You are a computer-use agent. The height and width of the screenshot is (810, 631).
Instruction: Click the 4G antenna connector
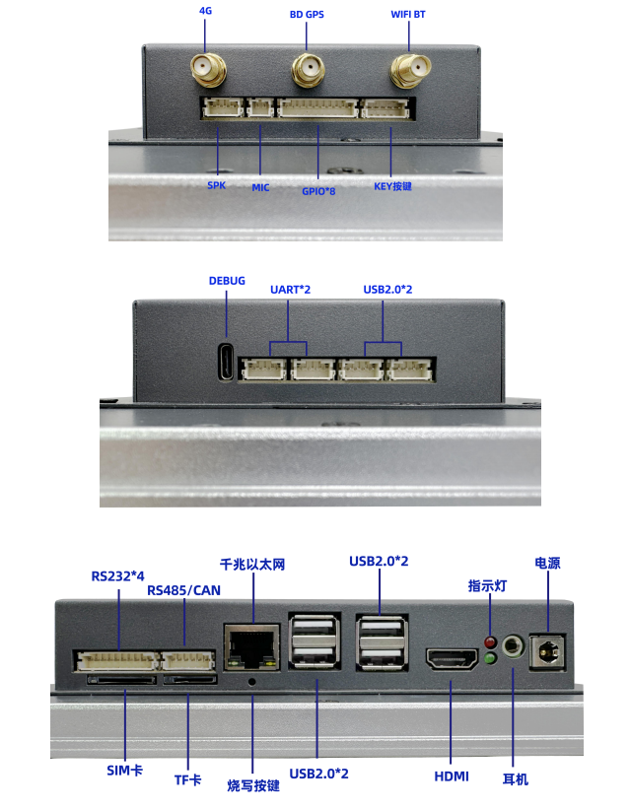click(x=208, y=69)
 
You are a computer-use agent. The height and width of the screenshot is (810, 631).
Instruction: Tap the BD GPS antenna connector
click(x=308, y=70)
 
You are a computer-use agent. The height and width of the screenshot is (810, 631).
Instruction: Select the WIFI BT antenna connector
click(x=410, y=69)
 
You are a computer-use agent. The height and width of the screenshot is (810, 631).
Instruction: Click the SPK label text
click(x=216, y=185)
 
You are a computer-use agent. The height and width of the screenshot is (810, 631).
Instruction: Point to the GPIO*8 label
click(x=318, y=191)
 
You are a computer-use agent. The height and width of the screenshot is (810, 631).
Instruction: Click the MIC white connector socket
click(x=260, y=108)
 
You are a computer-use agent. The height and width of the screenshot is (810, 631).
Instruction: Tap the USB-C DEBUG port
click(x=226, y=362)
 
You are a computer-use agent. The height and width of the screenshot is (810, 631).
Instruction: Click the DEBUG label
click(x=227, y=281)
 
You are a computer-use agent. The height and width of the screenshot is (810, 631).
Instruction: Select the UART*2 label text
click(x=291, y=290)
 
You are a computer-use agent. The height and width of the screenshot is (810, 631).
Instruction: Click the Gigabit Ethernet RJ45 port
click(x=251, y=647)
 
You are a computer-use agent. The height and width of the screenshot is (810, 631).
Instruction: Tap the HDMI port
click(x=453, y=659)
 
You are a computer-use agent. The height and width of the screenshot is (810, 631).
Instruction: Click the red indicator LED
click(x=490, y=642)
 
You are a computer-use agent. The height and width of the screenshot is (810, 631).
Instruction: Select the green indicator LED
click(x=490, y=658)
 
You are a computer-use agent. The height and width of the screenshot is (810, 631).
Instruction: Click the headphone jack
click(x=513, y=646)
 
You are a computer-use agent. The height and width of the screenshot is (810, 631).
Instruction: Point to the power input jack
click(x=548, y=653)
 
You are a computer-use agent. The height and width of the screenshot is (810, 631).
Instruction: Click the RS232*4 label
click(x=118, y=576)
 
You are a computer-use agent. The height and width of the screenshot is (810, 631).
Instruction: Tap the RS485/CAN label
click(x=184, y=590)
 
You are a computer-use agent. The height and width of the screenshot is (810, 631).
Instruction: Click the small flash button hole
click(x=252, y=682)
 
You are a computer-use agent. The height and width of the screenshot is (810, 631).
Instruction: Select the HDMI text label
click(x=452, y=776)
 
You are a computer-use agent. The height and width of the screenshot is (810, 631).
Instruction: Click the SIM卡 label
click(x=124, y=771)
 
